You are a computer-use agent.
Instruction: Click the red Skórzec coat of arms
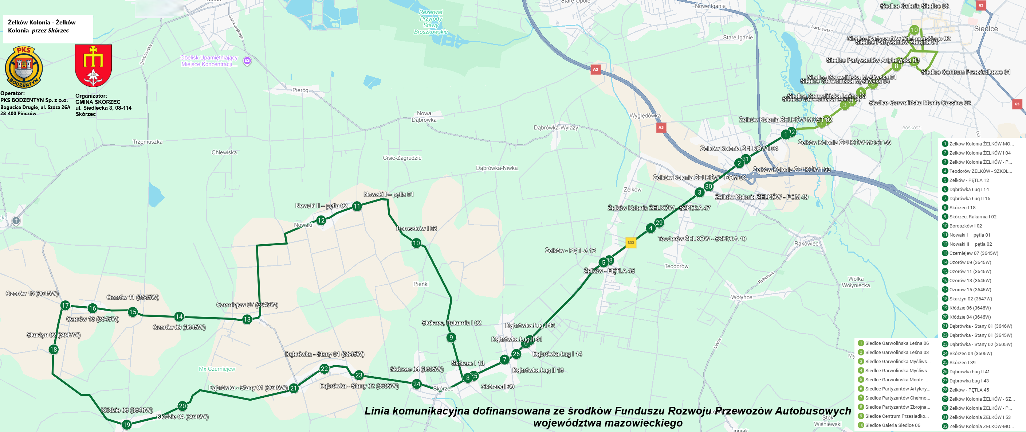[x=93, y=65]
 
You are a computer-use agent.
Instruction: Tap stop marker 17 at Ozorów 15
[x=65, y=305]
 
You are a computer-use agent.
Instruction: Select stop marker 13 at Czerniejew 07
[x=247, y=319]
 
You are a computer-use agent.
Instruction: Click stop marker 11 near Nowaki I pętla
[x=357, y=206]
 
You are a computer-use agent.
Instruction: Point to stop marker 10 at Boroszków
[x=416, y=243]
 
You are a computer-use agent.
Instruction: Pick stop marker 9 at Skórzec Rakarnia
[x=451, y=338]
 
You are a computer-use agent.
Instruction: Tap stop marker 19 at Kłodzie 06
[x=127, y=424]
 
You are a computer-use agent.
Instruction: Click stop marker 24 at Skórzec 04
[x=417, y=384]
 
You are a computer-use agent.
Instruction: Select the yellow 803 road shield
[x=630, y=242]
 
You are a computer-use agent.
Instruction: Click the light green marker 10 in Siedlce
[x=914, y=30]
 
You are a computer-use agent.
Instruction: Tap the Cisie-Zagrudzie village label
[x=402, y=158]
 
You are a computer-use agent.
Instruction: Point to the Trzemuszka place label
[x=148, y=141]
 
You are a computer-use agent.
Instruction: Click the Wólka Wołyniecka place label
[x=856, y=282]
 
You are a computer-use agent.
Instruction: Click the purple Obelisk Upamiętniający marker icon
[x=247, y=61]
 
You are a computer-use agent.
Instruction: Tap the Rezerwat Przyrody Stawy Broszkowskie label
[x=431, y=22]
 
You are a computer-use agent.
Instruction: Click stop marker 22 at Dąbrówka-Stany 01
[x=324, y=369]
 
